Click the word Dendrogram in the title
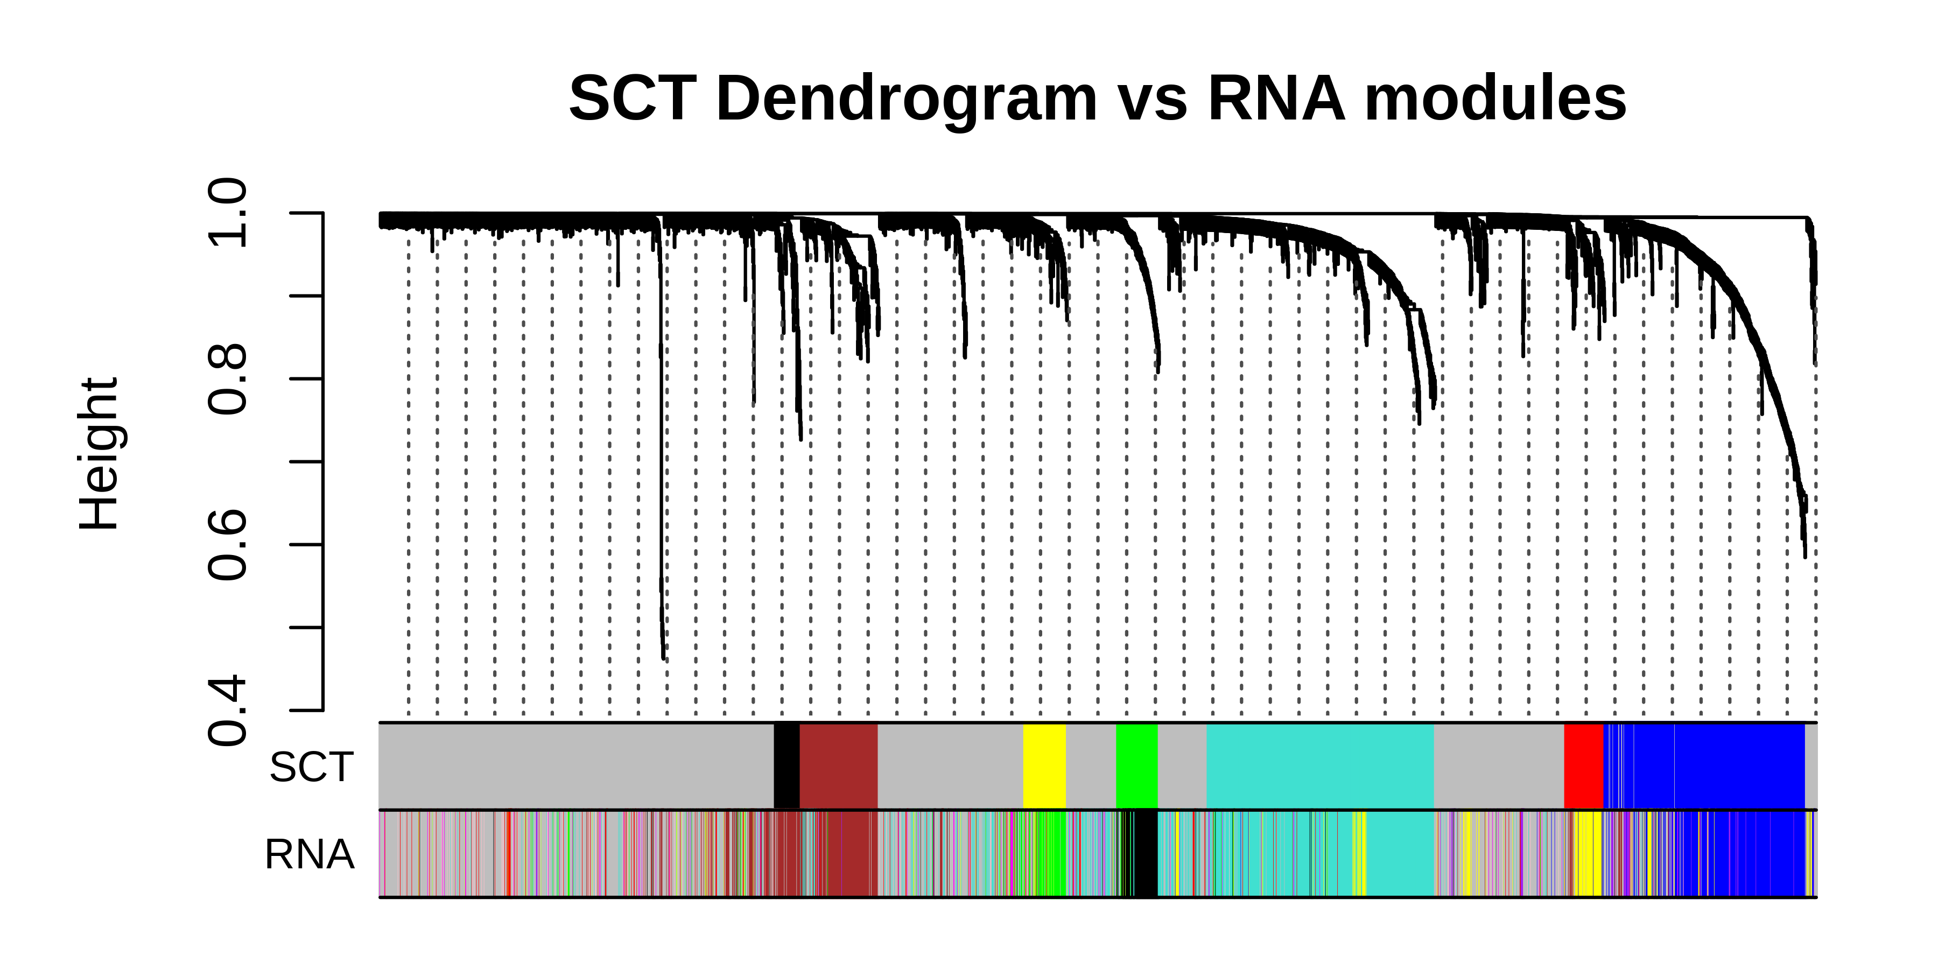tap(907, 99)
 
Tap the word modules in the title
tap(1495, 99)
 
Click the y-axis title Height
tap(99, 454)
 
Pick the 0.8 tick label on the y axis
tap(227, 378)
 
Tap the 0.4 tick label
tap(227, 710)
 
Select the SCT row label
tap(312, 767)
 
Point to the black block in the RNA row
tap(1146, 854)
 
